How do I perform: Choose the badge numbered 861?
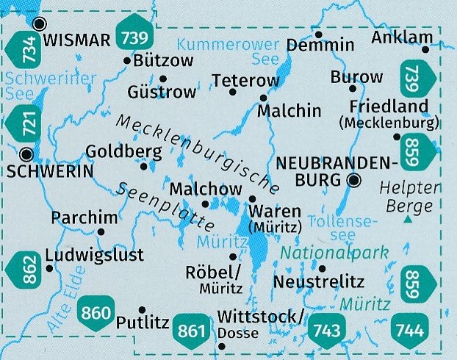[x=192, y=331]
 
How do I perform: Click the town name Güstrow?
[x=162, y=92]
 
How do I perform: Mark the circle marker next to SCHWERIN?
[x=28, y=154]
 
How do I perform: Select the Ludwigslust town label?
[x=95, y=255]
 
